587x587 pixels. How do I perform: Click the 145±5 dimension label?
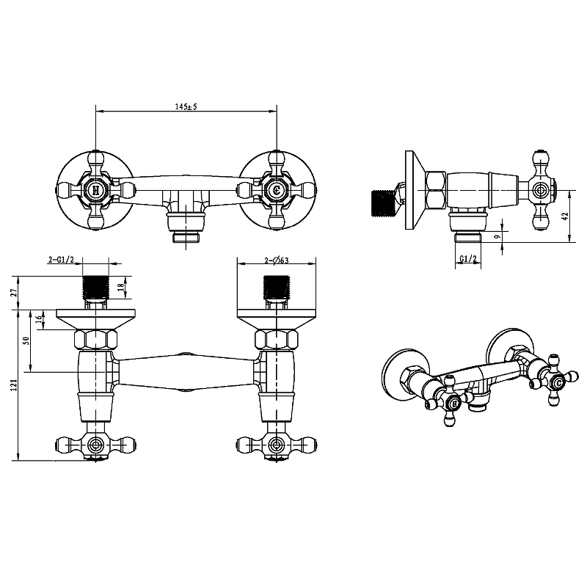(186, 106)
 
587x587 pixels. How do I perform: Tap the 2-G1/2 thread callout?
(62, 260)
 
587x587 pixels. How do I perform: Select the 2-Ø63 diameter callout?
(277, 260)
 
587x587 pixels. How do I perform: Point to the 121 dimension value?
(14, 384)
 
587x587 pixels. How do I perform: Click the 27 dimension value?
(14, 292)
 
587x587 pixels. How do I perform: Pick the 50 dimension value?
(26, 340)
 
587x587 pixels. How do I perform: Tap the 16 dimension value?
(38, 319)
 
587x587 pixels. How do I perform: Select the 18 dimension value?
(120, 288)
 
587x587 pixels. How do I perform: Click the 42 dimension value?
(565, 216)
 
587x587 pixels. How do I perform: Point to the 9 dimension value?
(497, 236)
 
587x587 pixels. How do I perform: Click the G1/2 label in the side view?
(468, 259)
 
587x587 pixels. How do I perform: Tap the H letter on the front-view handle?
(95, 191)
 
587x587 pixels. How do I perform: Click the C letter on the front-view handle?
(277, 191)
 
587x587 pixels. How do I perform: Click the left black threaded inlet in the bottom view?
(95, 287)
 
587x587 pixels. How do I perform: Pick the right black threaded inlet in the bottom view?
(277, 287)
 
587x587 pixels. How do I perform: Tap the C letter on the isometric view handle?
(558, 383)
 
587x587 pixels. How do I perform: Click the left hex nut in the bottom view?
(96, 340)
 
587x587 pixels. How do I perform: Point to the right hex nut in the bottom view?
(277, 340)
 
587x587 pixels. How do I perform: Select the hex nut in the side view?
(436, 190)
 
